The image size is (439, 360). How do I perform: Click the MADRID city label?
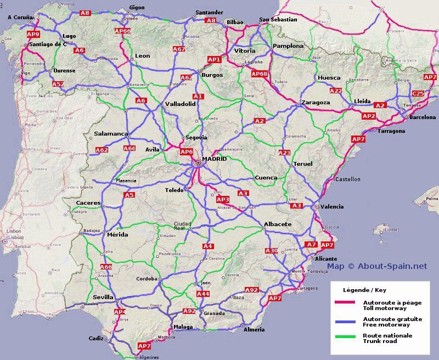(214, 159)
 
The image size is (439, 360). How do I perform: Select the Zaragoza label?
(316, 103)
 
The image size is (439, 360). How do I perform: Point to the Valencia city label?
(332, 206)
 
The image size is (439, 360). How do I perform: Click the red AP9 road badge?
(33, 34)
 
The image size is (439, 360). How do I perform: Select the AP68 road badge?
(259, 74)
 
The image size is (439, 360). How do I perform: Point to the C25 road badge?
(418, 93)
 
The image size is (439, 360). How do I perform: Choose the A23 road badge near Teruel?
(284, 153)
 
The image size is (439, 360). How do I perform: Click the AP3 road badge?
(223, 199)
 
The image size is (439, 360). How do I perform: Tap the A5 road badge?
(129, 195)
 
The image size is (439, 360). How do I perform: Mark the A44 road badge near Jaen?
(203, 294)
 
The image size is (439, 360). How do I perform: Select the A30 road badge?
(271, 251)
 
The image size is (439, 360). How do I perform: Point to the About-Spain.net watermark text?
(377, 266)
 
